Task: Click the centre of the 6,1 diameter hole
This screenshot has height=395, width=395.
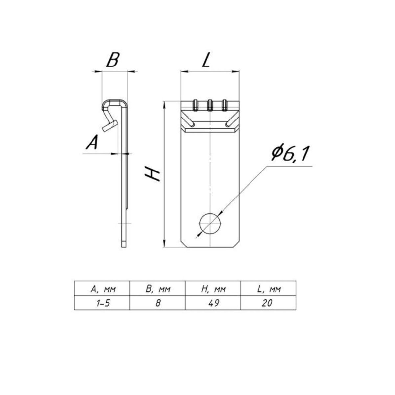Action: click(x=210, y=223)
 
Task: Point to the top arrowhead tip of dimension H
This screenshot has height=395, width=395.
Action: click(x=164, y=101)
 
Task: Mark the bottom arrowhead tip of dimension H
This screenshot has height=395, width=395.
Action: click(x=164, y=247)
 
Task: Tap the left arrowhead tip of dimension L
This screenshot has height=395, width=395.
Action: click(x=181, y=71)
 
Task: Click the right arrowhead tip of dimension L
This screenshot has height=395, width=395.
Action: click(x=239, y=71)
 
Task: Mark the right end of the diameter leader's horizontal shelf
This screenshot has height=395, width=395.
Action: click(x=312, y=166)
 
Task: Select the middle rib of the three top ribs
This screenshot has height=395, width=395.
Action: click(x=210, y=105)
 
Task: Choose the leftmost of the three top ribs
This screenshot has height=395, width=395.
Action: click(x=195, y=105)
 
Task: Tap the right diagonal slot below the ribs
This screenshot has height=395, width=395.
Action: click(x=232, y=120)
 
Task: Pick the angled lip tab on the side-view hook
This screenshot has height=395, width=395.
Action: click(x=110, y=126)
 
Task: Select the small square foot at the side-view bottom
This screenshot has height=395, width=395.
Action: click(x=124, y=245)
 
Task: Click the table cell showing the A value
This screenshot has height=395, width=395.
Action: click(x=102, y=303)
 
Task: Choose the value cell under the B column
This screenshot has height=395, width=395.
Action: click(x=157, y=303)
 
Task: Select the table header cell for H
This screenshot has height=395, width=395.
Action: click(x=213, y=289)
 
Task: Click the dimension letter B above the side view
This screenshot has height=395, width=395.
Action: click(x=113, y=60)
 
